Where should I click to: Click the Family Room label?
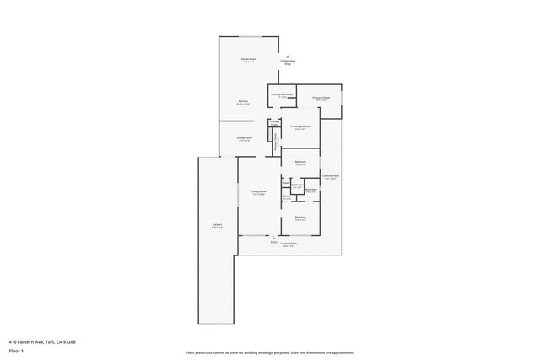[249, 61]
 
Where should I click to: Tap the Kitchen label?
[243, 102]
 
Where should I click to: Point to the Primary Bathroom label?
[282, 94]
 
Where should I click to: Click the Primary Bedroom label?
[301, 127]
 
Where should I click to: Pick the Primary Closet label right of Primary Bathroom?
[321, 99]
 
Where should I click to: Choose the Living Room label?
[259, 192]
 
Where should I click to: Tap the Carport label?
[217, 226]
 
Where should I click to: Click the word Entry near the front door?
[273, 242]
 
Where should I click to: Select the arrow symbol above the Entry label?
[274, 237]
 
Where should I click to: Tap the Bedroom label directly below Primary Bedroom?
[300, 163]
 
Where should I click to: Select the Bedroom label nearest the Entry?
[300, 218]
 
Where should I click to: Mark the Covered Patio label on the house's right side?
[330, 176]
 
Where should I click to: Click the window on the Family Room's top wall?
[250, 36]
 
